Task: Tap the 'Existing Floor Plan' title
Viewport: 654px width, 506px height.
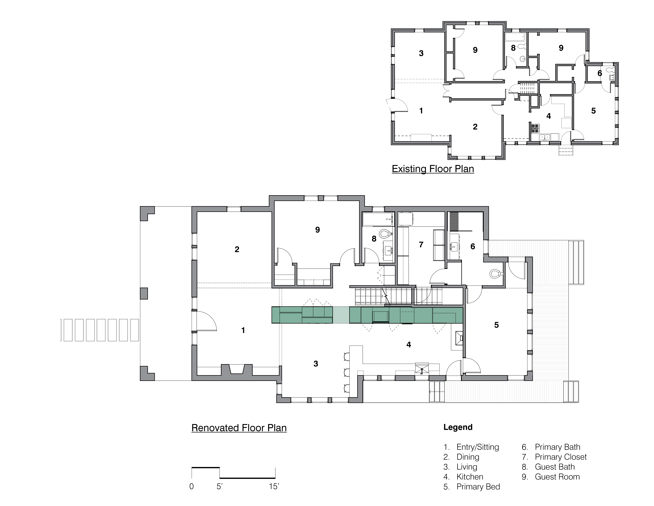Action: tap(433, 169)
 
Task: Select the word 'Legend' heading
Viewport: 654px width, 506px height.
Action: tap(458, 427)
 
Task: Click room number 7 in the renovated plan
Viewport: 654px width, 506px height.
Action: tap(421, 245)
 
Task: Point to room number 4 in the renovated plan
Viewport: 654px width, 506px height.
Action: tap(409, 345)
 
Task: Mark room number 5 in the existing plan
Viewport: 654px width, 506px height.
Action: tap(594, 111)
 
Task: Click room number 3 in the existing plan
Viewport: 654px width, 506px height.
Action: tap(421, 53)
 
